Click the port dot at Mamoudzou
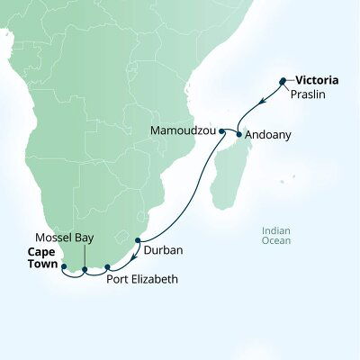[x=221, y=131]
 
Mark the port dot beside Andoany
[x=239, y=135]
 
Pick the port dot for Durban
[x=138, y=240]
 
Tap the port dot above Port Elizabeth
[x=107, y=266]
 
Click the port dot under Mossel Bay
[x=85, y=269]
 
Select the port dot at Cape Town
[x=63, y=266]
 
